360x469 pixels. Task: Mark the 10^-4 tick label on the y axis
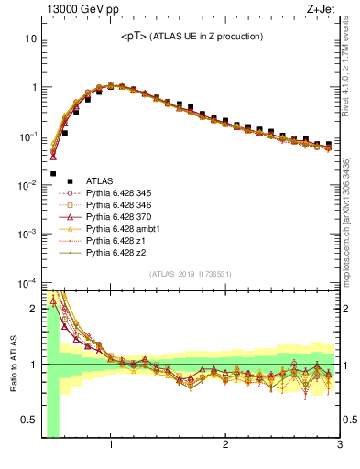[x=27, y=282]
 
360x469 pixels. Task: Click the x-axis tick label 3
[x=339, y=445]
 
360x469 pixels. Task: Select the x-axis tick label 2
[x=225, y=445]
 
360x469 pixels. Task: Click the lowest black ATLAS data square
[x=53, y=173]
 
